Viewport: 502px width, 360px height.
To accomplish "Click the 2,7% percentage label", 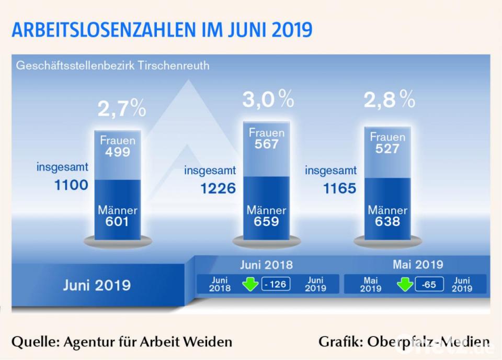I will click(121, 109).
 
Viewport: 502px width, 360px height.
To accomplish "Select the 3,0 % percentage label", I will click(267, 98).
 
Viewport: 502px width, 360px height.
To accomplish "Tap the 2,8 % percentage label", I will click(389, 99).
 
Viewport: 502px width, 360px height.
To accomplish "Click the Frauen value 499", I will click(118, 152).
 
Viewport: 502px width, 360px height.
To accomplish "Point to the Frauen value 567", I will click(267, 144).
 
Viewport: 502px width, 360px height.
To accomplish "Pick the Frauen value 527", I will click(387, 149).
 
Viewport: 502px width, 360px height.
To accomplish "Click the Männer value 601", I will click(118, 222).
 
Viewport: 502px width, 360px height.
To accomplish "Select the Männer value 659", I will click(267, 221).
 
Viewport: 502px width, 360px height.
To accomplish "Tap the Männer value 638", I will click(387, 221).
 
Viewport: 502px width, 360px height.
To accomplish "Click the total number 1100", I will click(71, 185).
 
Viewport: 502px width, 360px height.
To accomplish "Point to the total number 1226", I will click(218, 188).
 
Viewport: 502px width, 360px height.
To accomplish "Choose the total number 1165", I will click(339, 188).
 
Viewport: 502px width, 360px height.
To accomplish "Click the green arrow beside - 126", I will click(250, 285).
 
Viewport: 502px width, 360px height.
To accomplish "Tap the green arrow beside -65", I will click(405, 285).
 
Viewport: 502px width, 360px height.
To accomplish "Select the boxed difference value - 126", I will click(276, 285).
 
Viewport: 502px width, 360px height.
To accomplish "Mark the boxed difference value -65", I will click(429, 285).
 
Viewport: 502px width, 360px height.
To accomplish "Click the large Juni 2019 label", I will click(97, 285).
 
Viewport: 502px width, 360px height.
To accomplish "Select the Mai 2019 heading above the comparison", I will click(418, 264).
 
